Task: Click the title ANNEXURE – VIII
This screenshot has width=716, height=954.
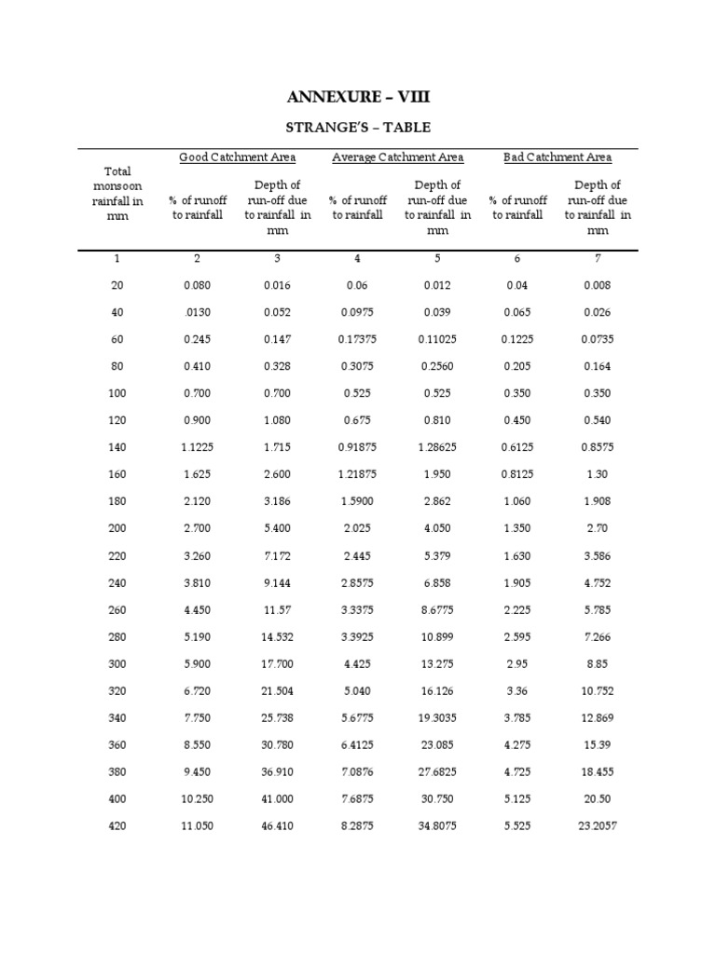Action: tap(357, 97)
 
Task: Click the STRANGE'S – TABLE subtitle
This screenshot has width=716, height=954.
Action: tap(357, 127)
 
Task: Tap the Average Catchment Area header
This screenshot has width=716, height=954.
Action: tap(397, 157)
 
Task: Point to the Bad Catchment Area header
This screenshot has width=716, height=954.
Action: tap(557, 157)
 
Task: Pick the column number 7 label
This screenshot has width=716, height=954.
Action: tap(597, 259)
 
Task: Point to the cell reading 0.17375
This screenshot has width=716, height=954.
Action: tap(357, 339)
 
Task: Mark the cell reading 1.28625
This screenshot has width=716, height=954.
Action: tap(437, 447)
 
